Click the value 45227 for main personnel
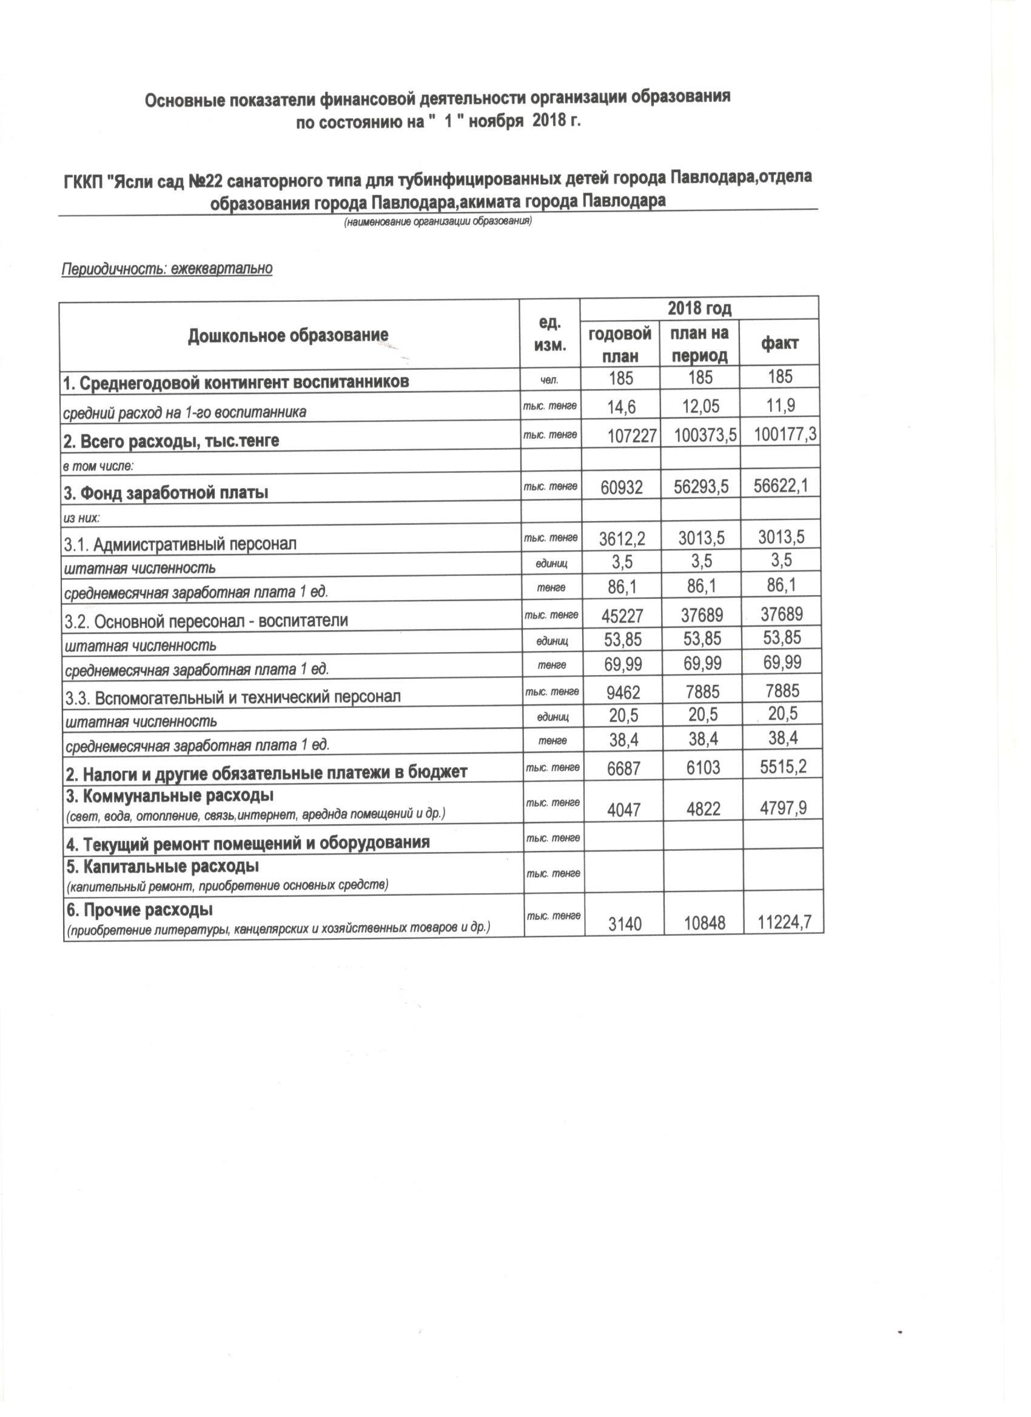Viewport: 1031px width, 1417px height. (x=622, y=615)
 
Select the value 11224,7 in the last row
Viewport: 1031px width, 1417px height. (x=784, y=922)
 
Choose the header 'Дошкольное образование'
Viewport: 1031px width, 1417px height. (x=288, y=336)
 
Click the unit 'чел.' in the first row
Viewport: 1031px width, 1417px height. (x=550, y=379)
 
